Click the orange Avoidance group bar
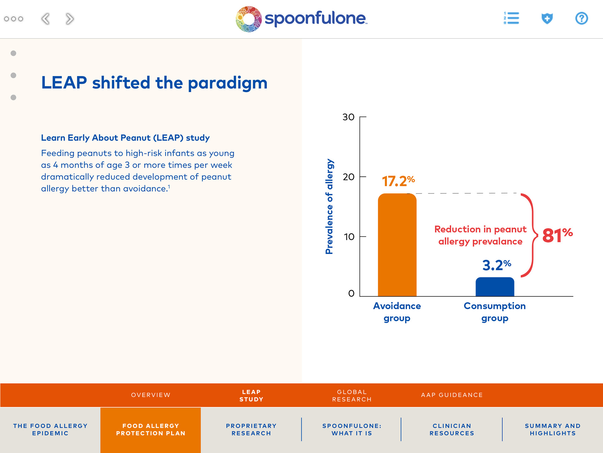397,245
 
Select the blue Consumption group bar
495,287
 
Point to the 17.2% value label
398,181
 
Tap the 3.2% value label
497,265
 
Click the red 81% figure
557,235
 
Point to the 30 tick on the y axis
348,117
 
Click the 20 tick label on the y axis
348,177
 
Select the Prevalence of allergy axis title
329,206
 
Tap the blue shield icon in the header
547,18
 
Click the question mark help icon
581,18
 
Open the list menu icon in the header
511,18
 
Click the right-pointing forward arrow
70,19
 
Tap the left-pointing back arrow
46,19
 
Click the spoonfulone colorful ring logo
248,19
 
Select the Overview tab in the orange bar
151,395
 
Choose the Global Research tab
352,395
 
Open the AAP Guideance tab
452,395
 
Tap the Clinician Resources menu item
452,429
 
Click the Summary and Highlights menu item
552,429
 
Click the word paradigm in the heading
227,83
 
